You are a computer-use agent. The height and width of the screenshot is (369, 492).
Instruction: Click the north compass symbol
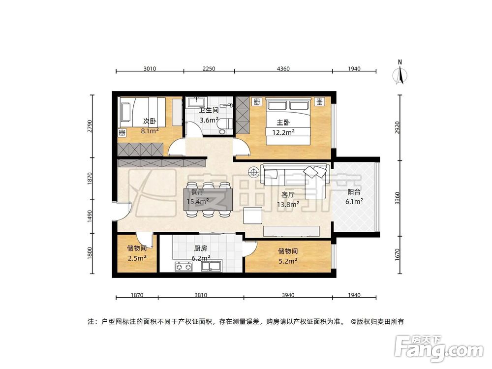point(400,73)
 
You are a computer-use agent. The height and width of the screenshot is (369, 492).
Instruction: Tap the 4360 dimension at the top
point(283,69)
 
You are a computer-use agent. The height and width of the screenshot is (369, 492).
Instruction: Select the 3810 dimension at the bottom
point(201,295)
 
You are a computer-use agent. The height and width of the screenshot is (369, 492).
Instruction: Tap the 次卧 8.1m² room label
point(149,126)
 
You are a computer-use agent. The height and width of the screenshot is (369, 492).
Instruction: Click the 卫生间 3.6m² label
point(208,115)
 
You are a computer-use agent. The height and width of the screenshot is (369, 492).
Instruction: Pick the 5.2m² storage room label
point(287,256)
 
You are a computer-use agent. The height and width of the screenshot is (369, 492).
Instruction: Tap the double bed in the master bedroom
point(288,122)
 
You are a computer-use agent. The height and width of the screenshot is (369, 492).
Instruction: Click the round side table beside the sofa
point(254,172)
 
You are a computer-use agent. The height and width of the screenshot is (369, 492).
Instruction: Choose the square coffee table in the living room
point(254,215)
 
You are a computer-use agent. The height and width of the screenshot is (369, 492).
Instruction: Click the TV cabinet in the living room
point(292,231)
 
